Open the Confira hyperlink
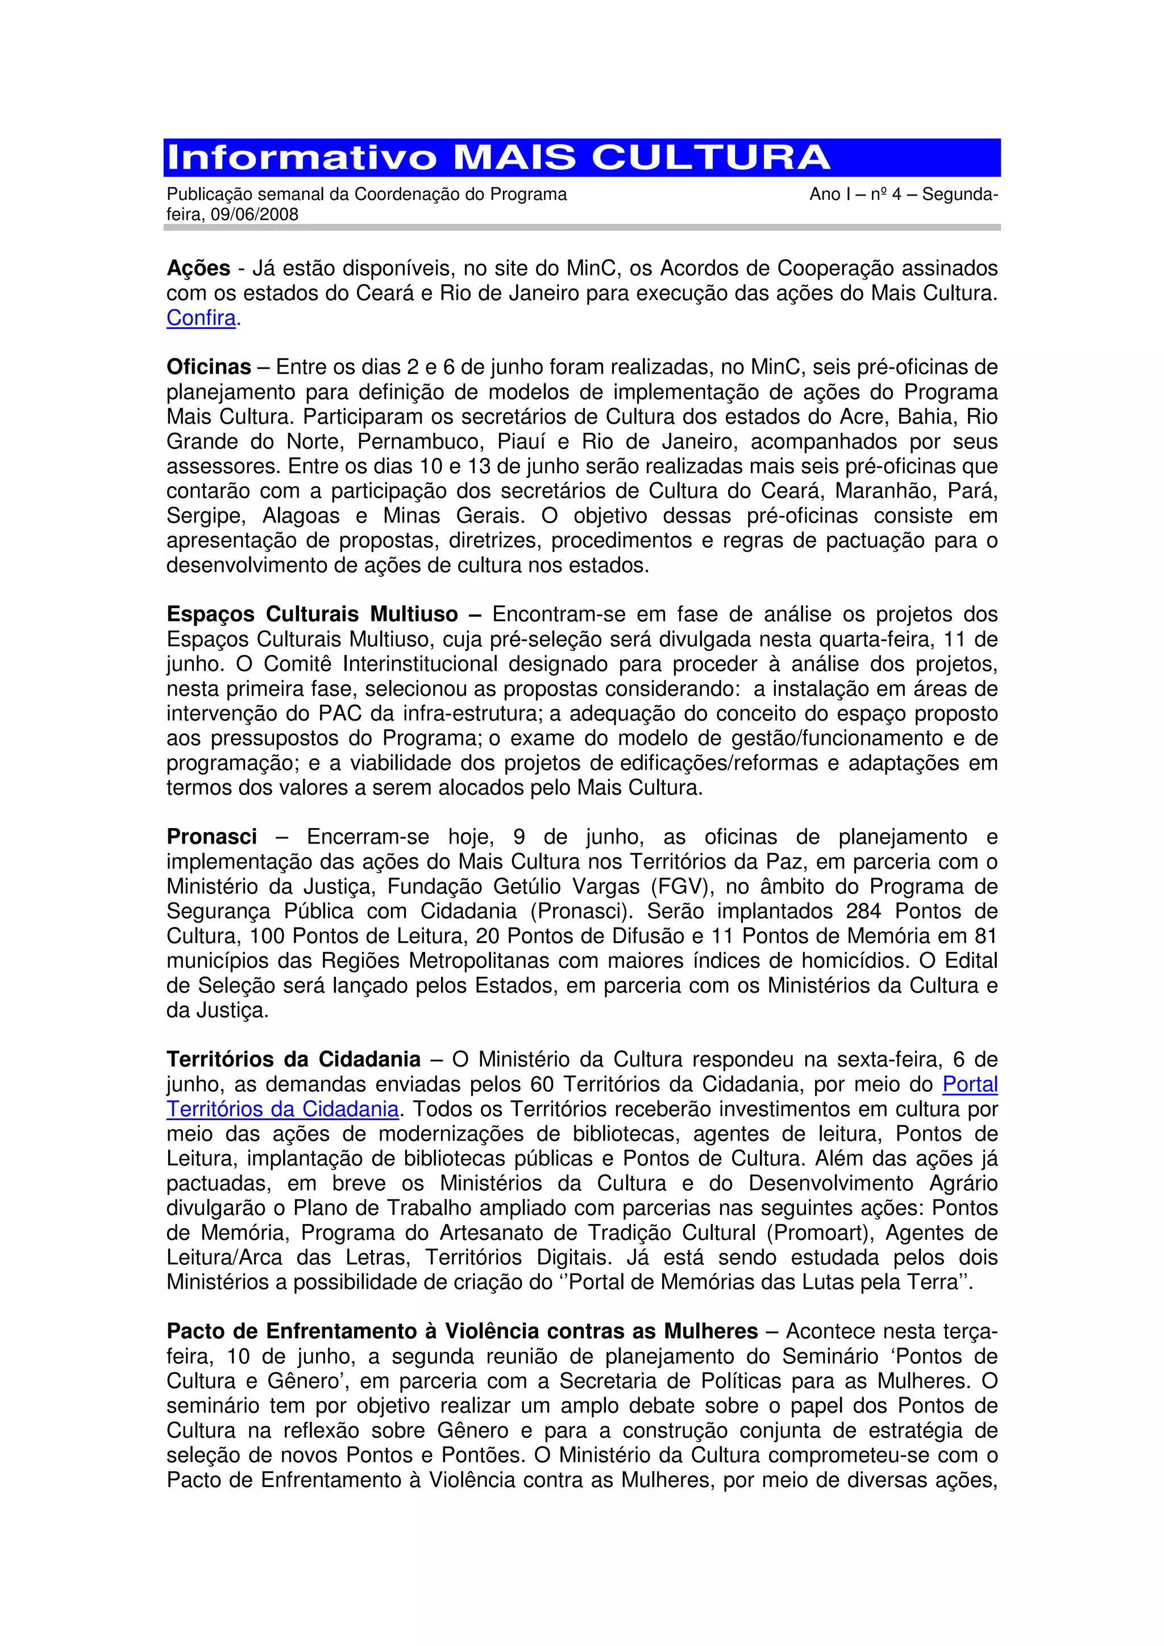click(201, 317)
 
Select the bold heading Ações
click(198, 268)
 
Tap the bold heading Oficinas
click(209, 367)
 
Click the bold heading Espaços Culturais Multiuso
click(312, 615)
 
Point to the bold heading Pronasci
click(211, 837)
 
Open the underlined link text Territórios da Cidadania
click(282, 1109)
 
